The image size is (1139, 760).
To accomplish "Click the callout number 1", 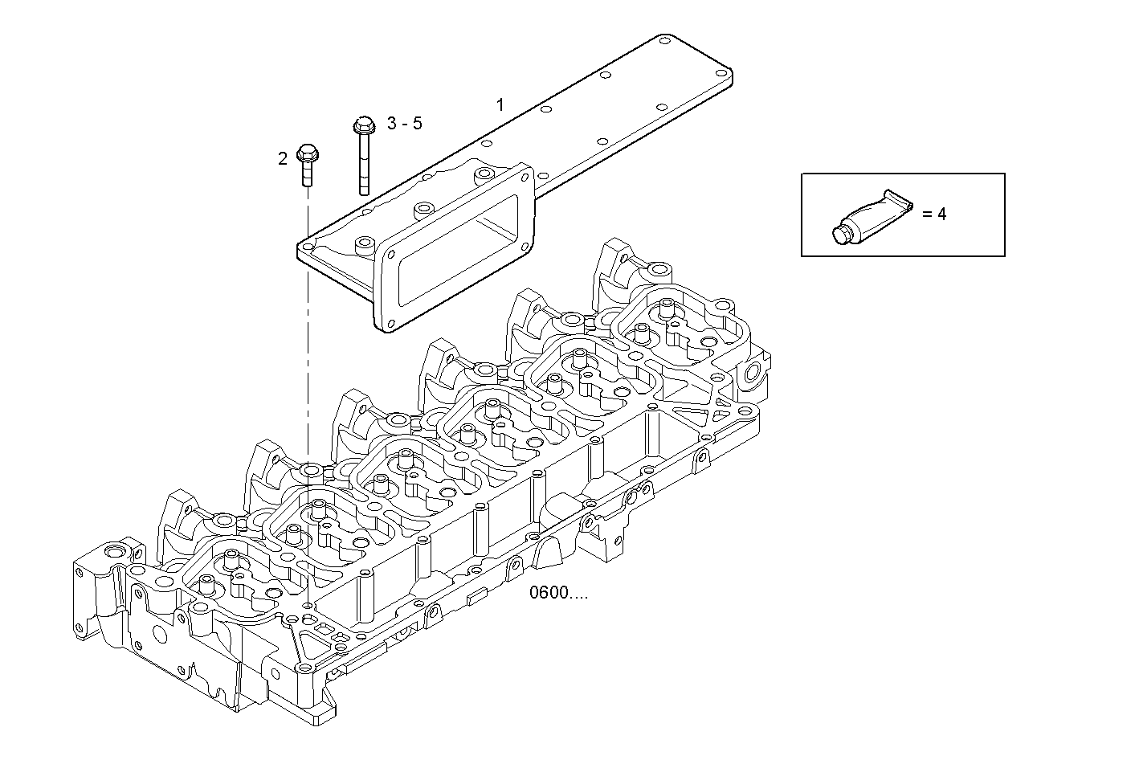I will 500,104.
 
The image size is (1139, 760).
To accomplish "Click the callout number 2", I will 283,158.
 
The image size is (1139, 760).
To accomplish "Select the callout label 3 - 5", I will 404,123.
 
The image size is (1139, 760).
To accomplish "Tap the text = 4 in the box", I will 934,215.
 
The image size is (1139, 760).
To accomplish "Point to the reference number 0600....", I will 558,594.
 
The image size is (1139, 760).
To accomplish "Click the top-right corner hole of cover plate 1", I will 664,39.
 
